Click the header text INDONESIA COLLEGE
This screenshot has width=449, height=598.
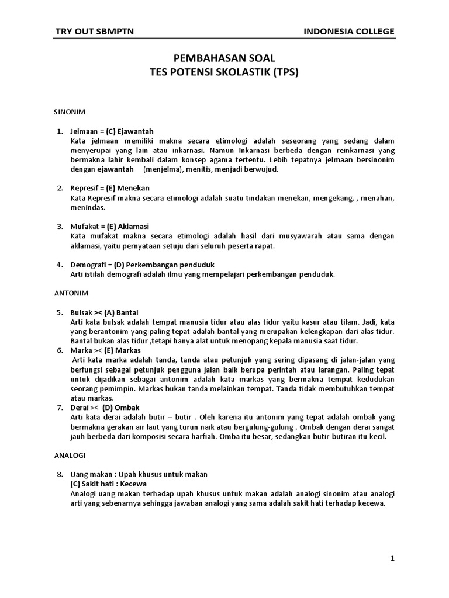coord(349,32)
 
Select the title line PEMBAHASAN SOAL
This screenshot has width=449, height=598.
coord(224,59)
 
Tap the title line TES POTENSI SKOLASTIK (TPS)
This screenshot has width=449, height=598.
coord(224,72)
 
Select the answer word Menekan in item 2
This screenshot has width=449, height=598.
coord(133,188)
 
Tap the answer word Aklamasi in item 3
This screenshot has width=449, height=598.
coord(135,226)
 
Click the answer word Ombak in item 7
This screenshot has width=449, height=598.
coord(127,407)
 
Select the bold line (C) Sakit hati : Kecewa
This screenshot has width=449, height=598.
coord(108,484)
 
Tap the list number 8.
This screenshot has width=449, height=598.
coord(60,474)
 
